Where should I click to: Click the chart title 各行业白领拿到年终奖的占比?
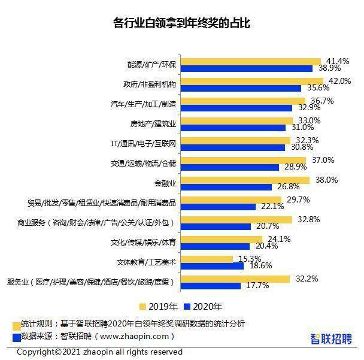pyautogui.click(x=181, y=24)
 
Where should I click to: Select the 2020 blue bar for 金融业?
pyautogui.click(x=226, y=187)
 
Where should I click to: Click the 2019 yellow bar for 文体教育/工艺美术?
pyautogui.click(x=207, y=259)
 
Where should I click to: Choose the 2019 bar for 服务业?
pyautogui.click(x=235, y=279)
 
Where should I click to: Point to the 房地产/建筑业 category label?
pyautogui.click(x=153, y=124)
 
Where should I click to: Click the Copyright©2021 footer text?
pyautogui.click(x=99, y=352)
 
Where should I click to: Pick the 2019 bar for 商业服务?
pyautogui.click(x=236, y=220)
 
